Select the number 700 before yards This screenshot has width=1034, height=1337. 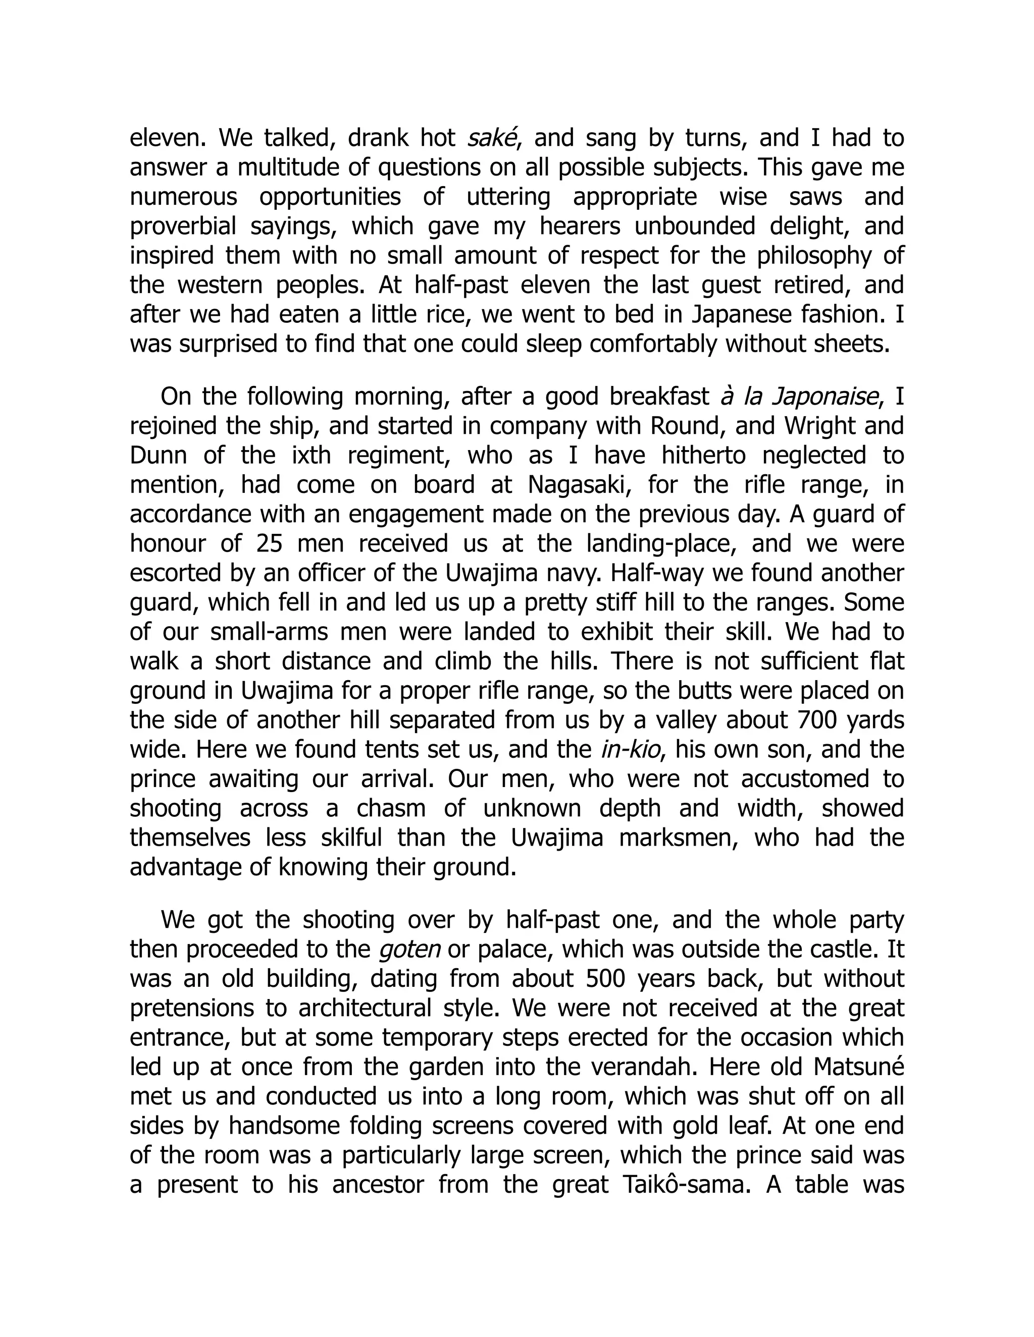(818, 720)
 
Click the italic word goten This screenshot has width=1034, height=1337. (410, 950)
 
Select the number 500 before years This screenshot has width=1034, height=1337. (605, 979)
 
